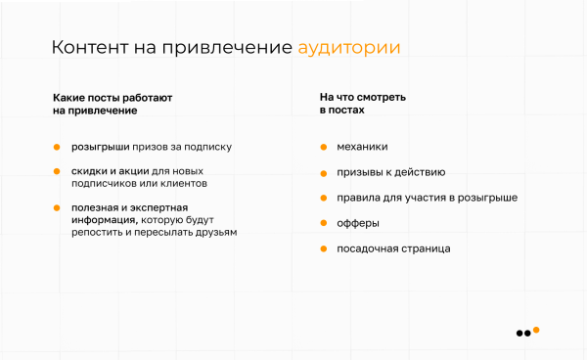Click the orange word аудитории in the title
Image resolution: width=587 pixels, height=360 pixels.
click(348, 48)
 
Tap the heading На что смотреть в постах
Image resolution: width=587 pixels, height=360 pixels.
click(363, 105)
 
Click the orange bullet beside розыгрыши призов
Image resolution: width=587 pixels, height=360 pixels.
click(57, 147)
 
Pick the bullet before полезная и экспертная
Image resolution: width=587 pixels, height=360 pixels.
click(57, 207)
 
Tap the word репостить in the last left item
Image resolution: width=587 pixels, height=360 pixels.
click(98, 233)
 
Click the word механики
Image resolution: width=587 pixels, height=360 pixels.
click(362, 147)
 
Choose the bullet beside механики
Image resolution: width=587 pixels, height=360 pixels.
click(323, 147)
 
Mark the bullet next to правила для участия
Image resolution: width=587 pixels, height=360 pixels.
click(323, 198)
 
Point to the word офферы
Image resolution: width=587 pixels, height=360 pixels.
click(358, 223)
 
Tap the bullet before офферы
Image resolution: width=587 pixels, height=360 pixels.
click(323, 223)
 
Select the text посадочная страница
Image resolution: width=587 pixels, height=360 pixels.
click(393, 248)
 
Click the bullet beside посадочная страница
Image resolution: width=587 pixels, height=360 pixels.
click(323, 248)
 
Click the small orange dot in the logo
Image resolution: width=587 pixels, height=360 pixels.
click(536, 329)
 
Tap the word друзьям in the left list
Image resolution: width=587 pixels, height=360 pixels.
click(215, 233)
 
